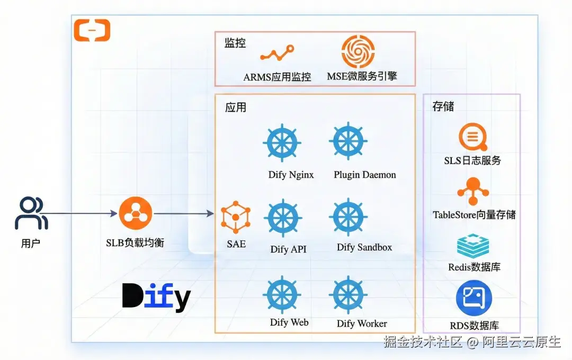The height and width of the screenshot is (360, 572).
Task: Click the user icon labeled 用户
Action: (x=31, y=213)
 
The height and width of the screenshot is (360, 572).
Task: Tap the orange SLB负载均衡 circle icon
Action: (x=136, y=213)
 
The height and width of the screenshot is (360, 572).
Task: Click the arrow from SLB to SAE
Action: (x=183, y=214)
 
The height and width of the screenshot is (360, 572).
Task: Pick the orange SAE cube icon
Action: (x=236, y=217)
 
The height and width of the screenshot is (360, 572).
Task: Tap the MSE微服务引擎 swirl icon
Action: (x=358, y=51)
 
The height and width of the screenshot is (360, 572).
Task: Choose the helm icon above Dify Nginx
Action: (x=282, y=142)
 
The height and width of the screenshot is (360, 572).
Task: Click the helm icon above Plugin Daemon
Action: (x=348, y=142)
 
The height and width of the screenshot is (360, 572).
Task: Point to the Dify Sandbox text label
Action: (x=364, y=247)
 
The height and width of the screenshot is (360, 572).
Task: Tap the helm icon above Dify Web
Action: (x=282, y=294)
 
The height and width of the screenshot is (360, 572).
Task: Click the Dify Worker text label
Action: (x=362, y=323)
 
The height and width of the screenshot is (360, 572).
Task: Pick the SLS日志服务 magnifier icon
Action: (x=472, y=137)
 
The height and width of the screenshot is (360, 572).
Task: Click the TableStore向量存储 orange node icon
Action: (x=472, y=192)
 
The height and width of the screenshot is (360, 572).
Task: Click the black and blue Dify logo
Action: (x=156, y=297)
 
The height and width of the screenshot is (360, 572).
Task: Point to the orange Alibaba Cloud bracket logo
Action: (x=92, y=30)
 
